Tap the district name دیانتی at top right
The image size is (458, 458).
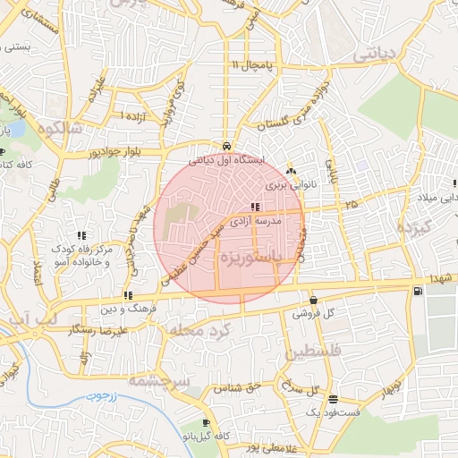pos(373,55)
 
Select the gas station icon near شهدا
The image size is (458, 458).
pos(418,291)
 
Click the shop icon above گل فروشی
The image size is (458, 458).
pos(313,301)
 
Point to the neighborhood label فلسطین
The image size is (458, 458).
pos(314,353)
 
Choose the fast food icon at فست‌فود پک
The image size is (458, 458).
pos(333,399)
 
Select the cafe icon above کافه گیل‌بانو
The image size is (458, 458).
pos(208,423)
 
